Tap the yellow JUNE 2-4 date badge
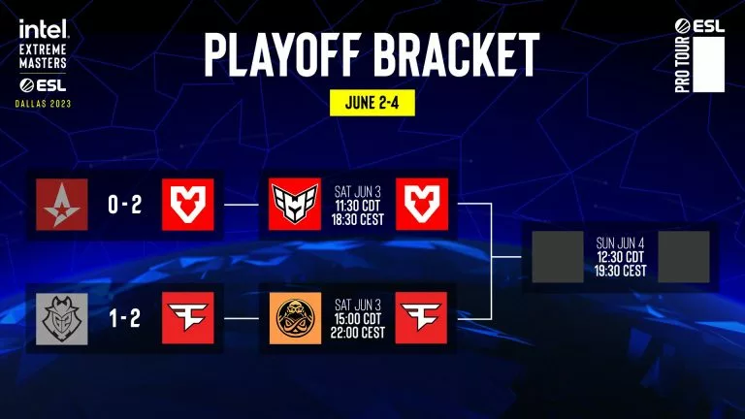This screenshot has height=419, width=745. (372, 100)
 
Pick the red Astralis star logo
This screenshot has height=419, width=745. (62, 206)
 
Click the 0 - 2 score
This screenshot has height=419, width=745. (127, 206)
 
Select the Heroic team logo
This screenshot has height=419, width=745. (294, 206)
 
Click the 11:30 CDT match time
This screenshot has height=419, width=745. (357, 206)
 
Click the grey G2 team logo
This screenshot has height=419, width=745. (62, 317)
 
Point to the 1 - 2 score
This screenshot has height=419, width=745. (127, 317)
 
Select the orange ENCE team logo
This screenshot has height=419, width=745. (294, 317)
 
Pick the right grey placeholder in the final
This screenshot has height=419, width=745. (684, 257)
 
